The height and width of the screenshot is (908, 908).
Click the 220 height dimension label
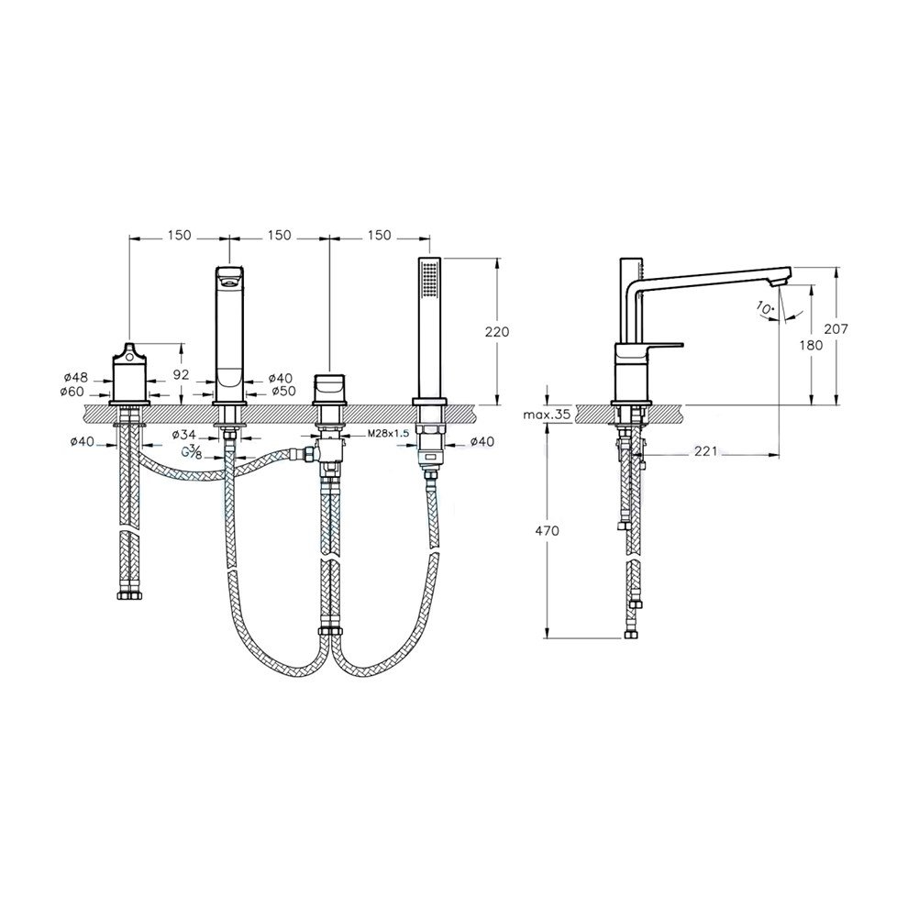point(497,332)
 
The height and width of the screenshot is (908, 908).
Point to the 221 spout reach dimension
point(705,451)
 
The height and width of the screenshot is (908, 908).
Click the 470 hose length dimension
point(548,530)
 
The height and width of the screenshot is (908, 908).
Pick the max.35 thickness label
point(547,415)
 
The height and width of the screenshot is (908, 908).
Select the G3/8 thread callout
point(193,453)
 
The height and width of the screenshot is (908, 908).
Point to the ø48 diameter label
point(76,378)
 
